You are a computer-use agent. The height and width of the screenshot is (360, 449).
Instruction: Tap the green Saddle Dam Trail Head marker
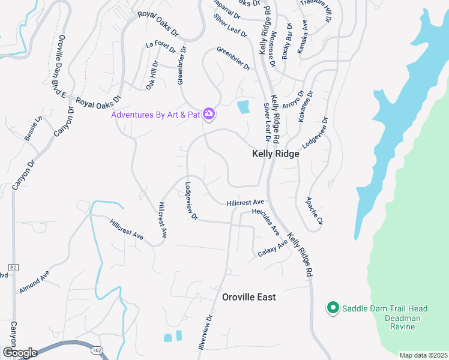(x=333, y=308)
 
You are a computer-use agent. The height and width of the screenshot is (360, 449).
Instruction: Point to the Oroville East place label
(x=249, y=297)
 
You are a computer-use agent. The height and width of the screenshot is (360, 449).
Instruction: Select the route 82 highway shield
(x=13, y=266)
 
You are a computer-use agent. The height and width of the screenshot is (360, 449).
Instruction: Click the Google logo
(x=20, y=352)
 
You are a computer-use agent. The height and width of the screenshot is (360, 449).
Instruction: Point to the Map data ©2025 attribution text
(x=423, y=355)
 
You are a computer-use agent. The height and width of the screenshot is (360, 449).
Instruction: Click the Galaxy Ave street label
(x=273, y=248)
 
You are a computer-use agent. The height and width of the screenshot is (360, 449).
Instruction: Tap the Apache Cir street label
(x=315, y=211)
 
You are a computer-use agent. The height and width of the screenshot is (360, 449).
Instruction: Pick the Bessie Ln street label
(x=33, y=128)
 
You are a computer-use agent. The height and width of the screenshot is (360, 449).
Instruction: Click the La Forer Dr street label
(x=163, y=45)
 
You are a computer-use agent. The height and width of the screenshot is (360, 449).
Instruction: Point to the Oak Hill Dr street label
(x=152, y=75)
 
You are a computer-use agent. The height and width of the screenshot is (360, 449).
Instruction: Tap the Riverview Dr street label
(x=205, y=332)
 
